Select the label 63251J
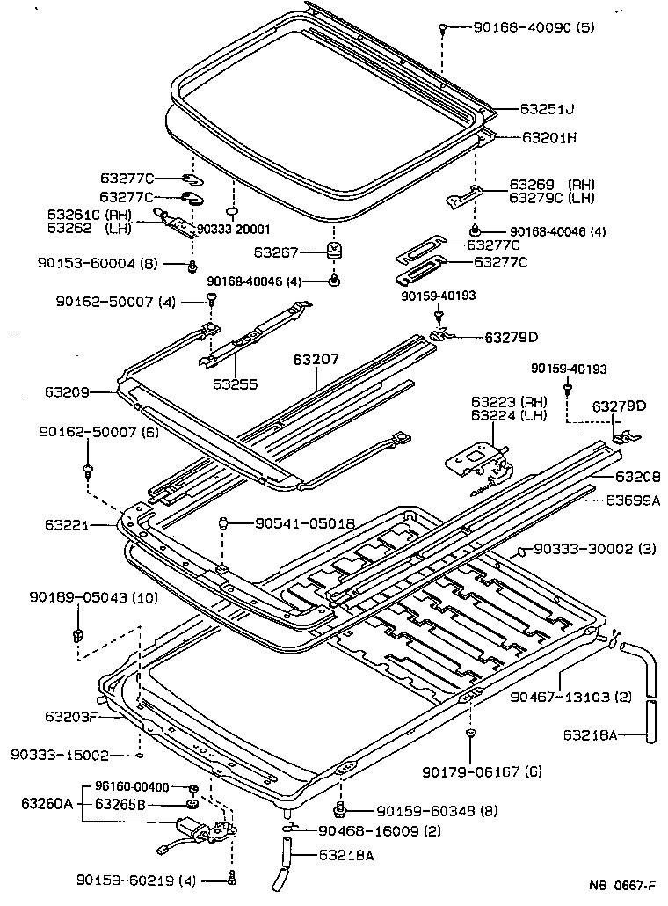(x=547, y=110)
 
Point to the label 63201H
(x=549, y=138)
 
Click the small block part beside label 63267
(x=335, y=251)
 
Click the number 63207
(x=316, y=360)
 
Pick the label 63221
(x=67, y=525)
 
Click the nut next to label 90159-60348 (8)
(x=340, y=809)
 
